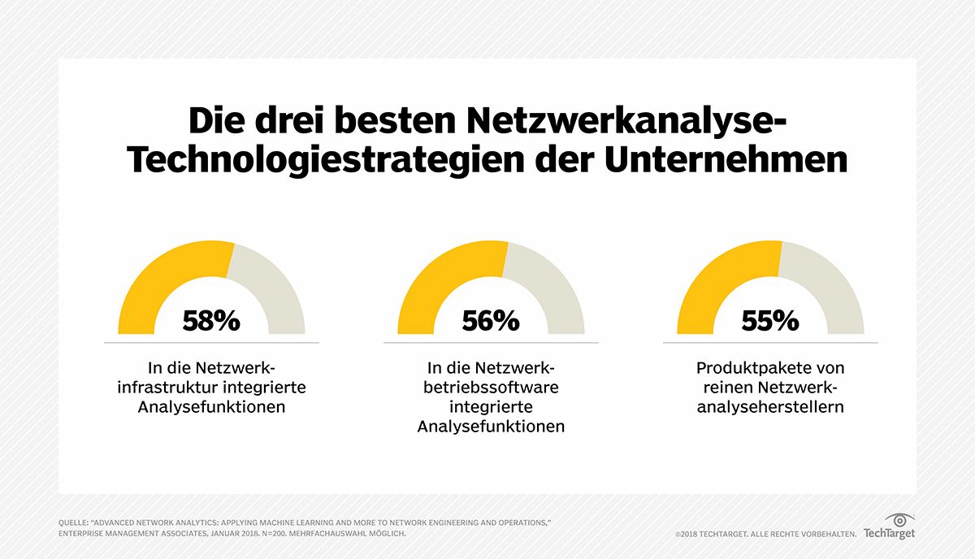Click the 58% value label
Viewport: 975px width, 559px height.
click(211, 320)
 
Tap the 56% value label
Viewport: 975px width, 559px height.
click(491, 320)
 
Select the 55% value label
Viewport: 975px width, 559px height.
click(770, 320)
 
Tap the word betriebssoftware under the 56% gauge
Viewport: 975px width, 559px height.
click(491, 388)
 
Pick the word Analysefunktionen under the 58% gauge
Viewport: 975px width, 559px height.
click(211, 407)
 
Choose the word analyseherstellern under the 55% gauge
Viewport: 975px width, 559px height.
click(770, 407)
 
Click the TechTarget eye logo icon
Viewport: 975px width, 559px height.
click(899, 519)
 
